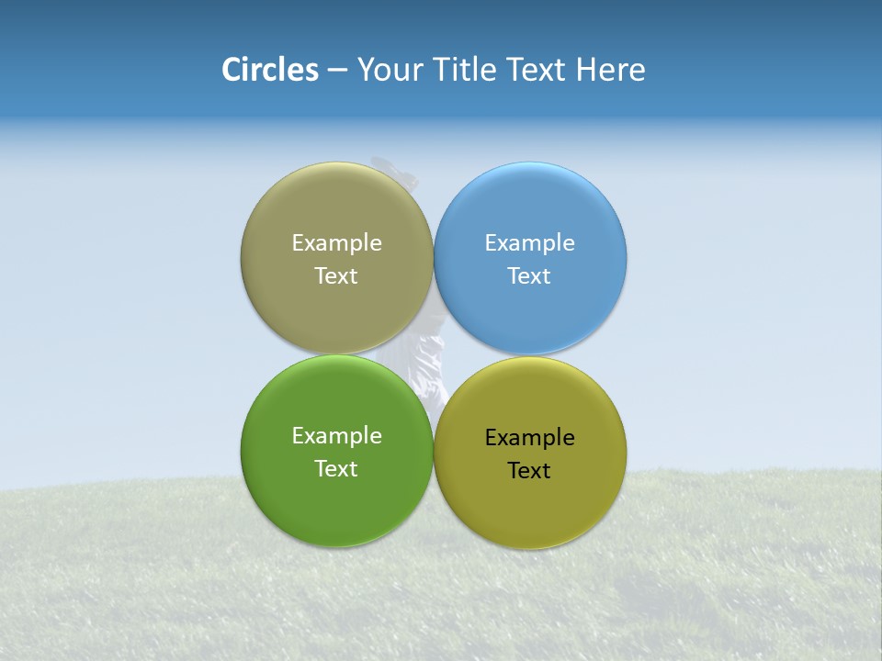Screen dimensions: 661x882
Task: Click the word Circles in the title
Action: (x=270, y=70)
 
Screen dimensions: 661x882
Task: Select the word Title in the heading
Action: (x=469, y=70)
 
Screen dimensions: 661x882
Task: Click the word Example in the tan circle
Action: (x=336, y=243)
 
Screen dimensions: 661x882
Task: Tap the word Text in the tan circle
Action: (x=336, y=276)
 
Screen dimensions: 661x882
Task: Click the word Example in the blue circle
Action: (x=529, y=243)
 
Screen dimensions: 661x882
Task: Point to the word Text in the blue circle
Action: (x=529, y=276)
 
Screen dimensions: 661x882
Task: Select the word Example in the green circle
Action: (x=336, y=436)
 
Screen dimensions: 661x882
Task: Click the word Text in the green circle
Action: (x=336, y=469)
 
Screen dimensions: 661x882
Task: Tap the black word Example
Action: (x=529, y=438)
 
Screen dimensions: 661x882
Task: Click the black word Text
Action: (x=529, y=471)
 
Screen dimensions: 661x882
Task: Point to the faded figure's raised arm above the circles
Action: (x=393, y=169)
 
